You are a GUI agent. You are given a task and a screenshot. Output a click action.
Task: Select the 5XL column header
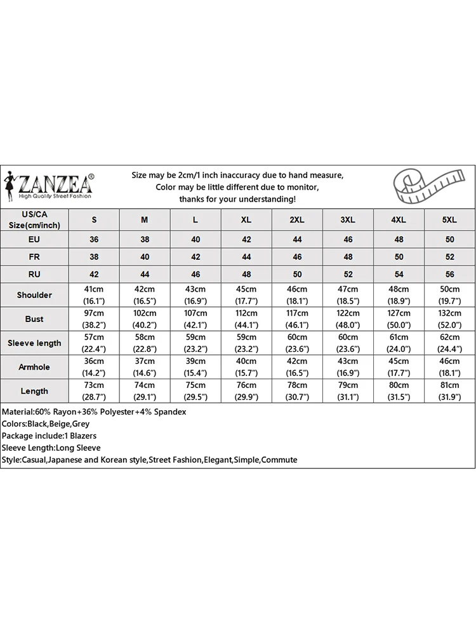click(x=449, y=220)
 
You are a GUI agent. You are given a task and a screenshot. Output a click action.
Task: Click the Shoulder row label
click(x=34, y=295)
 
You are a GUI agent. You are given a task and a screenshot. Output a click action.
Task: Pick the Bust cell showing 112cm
click(x=246, y=319)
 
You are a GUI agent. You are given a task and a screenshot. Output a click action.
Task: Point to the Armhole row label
click(x=34, y=367)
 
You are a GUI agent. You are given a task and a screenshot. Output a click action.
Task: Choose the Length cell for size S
click(x=95, y=391)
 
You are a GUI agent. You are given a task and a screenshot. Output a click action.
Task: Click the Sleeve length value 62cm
click(x=449, y=343)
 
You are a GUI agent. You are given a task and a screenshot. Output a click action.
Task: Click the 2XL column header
click(x=297, y=220)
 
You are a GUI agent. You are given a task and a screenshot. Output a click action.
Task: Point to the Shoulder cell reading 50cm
click(x=449, y=295)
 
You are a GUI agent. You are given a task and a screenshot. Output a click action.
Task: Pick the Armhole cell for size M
click(x=145, y=367)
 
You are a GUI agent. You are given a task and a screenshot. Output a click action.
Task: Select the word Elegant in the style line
click(x=218, y=460)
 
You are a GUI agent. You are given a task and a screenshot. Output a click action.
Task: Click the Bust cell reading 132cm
click(x=449, y=319)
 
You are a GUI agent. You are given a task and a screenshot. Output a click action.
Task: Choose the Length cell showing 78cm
click(x=297, y=391)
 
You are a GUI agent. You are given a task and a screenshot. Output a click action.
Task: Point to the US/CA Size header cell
click(x=34, y=220)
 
